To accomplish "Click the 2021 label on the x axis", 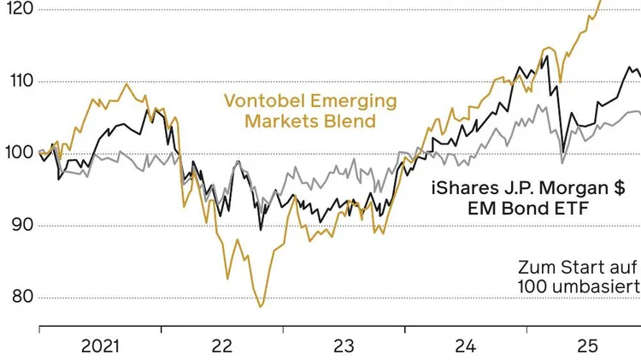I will click(x=100, y=346).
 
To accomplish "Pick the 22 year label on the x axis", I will click(x=222, y=346).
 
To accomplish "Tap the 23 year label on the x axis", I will click(x=343, y=346).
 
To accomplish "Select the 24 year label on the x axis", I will click(x=464, y=346).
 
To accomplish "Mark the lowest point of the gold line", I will click(x=261, y=306).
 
